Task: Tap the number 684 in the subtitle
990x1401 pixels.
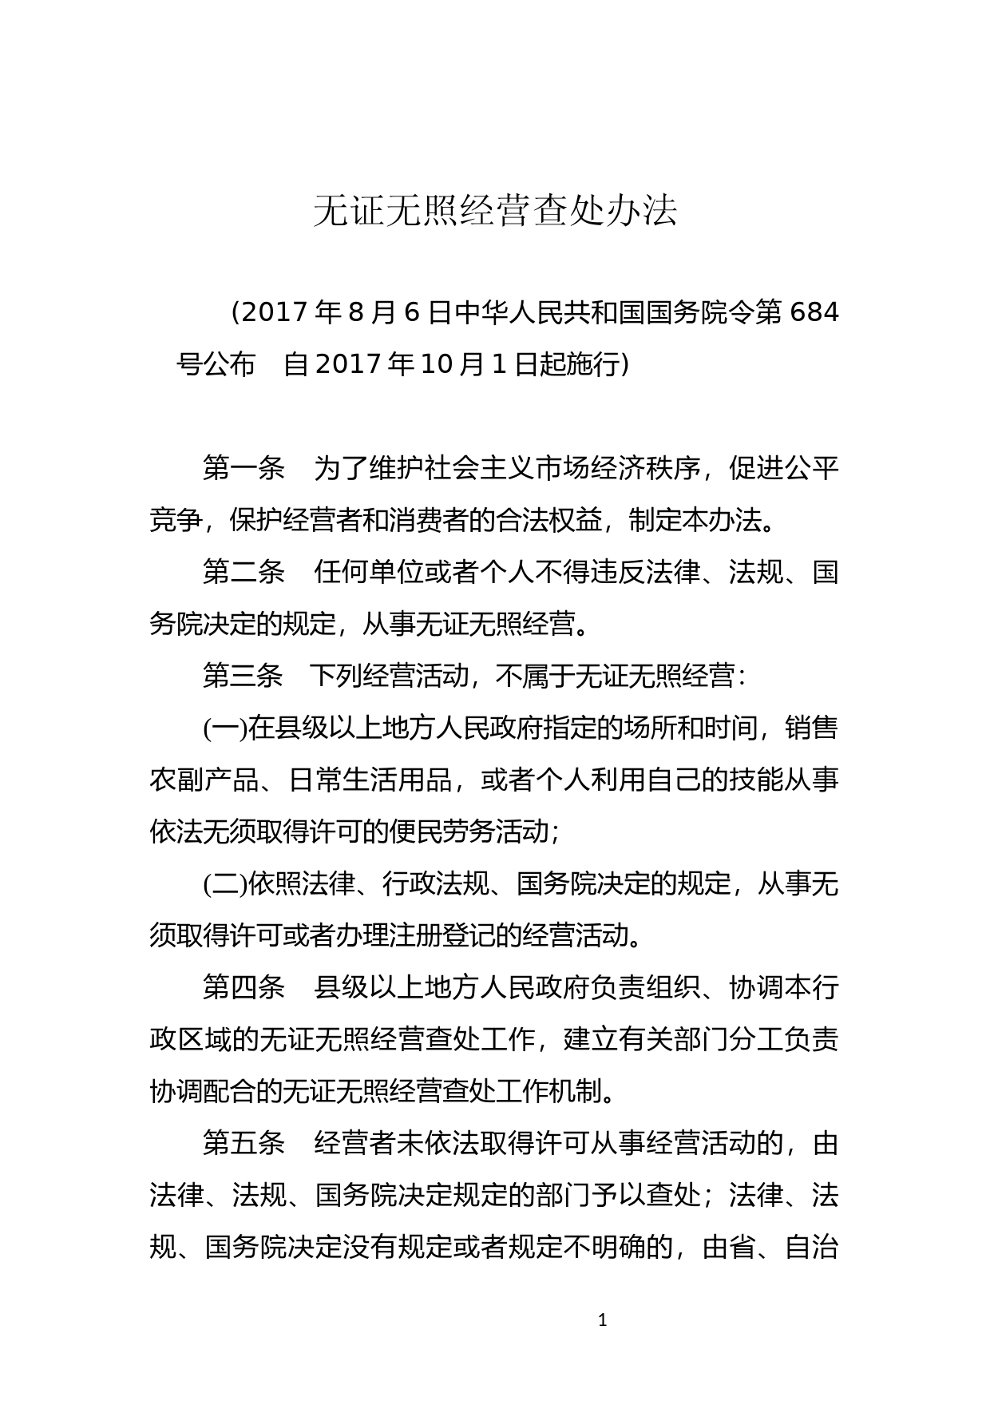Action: tap(814, 312)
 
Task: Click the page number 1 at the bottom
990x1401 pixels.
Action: tap(602, 1320)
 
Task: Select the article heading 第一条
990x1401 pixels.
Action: tap(244, 468)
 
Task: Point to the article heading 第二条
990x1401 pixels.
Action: tap(244, 572)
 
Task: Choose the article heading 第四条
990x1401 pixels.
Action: tap(244, 987)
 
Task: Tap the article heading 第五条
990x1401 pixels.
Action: tap(244, 1143)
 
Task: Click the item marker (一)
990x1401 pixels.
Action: tap(225, 728)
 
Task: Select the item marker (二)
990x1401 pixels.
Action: tap(225, 884)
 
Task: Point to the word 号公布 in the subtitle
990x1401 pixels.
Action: tap(216, 364)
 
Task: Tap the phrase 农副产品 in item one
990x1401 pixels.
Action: tap(203, 780)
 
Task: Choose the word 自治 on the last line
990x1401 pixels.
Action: tap(812, 1248)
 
